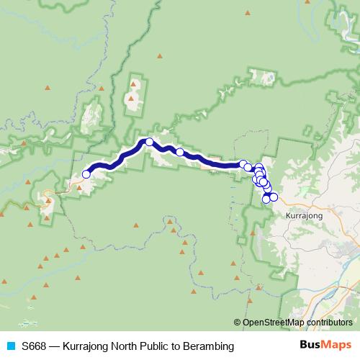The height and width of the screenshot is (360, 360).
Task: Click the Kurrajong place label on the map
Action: click(x=304, y=215)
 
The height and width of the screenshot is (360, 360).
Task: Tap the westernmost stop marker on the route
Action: click(x=86, y=174)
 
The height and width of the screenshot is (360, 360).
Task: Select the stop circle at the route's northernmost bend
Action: click(x=149, y=142)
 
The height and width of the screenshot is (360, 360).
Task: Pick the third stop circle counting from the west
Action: click(x=180, y=152)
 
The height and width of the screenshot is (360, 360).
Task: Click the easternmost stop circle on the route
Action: click(x=274, y=197)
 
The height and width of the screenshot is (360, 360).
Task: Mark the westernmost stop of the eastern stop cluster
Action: click(x=243, y=164)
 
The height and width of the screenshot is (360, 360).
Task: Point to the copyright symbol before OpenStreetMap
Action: click(x=238, y=323)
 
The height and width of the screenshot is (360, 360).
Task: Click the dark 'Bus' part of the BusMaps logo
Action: click(x=310, y=346)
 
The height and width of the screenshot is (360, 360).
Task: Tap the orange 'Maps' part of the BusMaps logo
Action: click(x=337, y=346)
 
